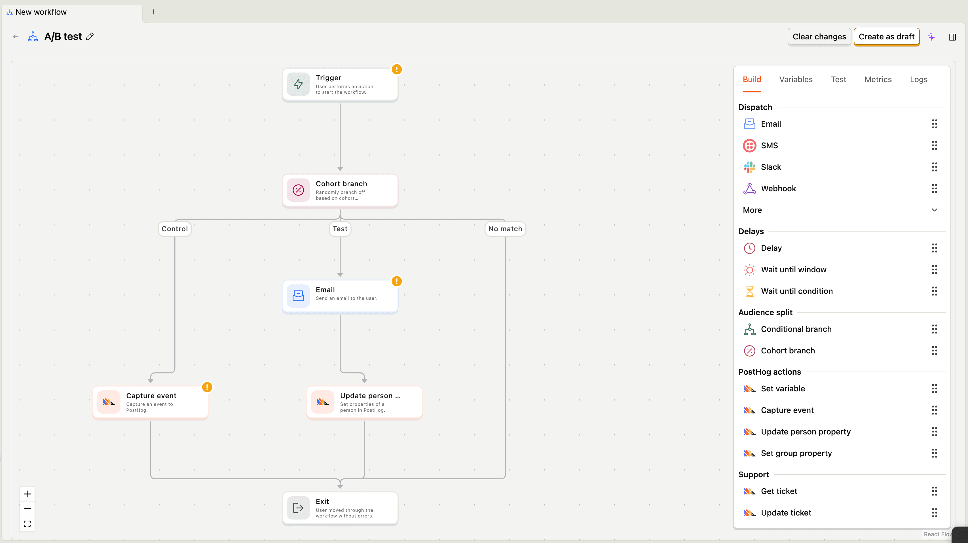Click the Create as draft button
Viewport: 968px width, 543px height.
[886, 37]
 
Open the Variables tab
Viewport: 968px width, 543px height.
[796, 80]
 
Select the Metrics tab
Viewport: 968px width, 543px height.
[878, 80]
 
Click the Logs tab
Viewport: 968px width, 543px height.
[918, 80]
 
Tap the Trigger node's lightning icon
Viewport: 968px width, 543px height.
[298, 84]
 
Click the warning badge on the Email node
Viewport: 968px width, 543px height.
[396, 281]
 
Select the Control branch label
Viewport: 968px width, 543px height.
[174, 229]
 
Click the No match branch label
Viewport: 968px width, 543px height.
[505, 229]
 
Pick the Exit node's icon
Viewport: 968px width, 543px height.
[298, 508]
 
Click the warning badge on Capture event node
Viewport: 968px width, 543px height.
[207, 387]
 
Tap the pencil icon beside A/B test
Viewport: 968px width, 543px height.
[90, 37]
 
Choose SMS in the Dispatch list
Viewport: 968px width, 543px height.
[769, 146]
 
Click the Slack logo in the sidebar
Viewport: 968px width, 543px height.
[749, 167]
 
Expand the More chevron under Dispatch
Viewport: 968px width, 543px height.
[934, 210]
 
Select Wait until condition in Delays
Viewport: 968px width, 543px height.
[797, 291]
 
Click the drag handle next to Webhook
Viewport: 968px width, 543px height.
[934, 188]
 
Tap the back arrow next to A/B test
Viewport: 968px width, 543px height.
[16, 37]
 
